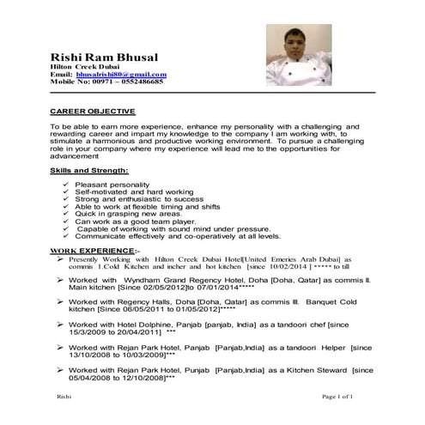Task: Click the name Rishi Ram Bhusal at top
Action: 105,57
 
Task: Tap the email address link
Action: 121,75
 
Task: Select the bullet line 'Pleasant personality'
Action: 109,185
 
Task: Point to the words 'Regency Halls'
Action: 148,303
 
